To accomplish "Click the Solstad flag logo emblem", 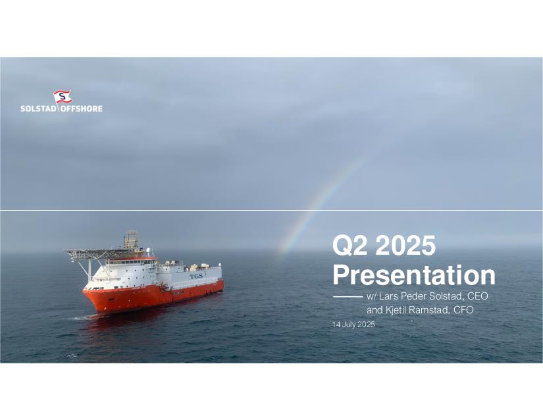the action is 63,97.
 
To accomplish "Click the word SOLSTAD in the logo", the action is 38,109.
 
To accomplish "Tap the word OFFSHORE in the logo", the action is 82,109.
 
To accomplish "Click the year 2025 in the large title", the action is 405,245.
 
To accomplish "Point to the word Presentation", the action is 414,275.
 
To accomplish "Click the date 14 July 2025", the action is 353,325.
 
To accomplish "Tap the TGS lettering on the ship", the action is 196,276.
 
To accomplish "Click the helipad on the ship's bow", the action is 91,251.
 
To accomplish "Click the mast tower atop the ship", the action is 131,239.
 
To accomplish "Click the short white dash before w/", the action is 348,297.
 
